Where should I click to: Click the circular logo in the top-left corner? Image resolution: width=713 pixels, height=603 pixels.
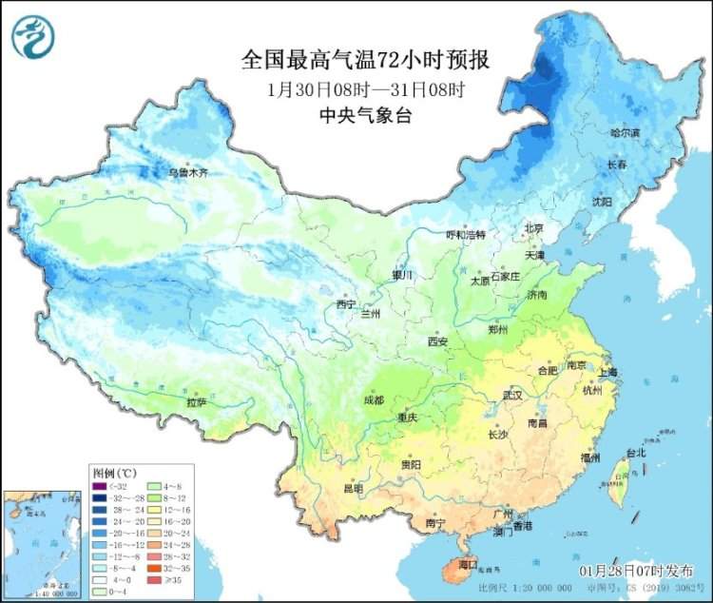(x=32, y=36)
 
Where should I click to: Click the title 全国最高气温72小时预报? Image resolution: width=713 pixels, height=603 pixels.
(x=365, y=61)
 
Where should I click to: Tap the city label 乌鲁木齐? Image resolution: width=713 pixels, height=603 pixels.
(x=187, y=174)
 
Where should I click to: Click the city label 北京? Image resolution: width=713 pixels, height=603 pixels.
(x=533, y=228)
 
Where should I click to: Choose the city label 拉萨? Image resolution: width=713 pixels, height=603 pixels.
(x=197, y=402)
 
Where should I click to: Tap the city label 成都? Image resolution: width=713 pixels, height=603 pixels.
(x=374, y=400)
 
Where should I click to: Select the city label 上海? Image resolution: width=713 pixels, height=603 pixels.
(x=607, y=372)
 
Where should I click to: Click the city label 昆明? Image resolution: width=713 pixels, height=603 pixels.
(x=353, y=488)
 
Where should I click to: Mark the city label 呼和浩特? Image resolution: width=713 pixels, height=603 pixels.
(x=466, y=235)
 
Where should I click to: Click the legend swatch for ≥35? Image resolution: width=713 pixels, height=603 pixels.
(x=157, y=576)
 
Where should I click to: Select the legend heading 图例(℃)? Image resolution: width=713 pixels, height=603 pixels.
(x=115, y=473)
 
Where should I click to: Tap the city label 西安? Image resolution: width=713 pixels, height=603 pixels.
(x=436, y=340)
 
